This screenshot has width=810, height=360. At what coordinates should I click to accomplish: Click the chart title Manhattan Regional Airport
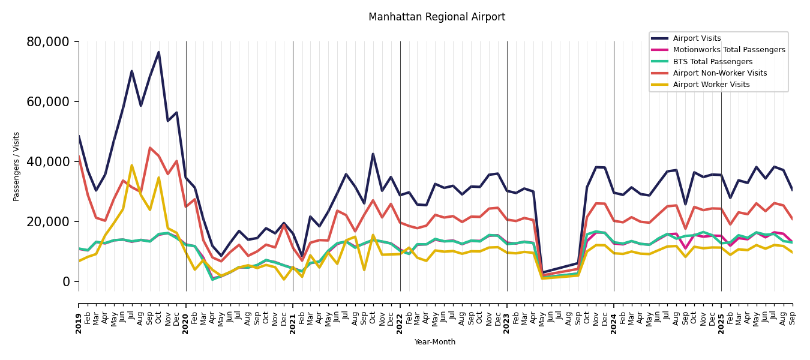437,17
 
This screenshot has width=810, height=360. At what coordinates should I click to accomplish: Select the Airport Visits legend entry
697,38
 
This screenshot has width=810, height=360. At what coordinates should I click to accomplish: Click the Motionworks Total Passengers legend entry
728,50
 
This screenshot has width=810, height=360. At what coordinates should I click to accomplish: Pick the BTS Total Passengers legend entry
712,62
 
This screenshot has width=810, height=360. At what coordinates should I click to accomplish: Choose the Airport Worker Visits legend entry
711,85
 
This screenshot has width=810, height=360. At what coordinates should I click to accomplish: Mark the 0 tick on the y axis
67,282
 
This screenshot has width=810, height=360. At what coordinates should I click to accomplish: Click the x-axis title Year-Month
435,342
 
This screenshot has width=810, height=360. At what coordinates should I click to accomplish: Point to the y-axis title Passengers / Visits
17,166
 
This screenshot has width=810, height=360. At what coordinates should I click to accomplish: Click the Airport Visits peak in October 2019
159,52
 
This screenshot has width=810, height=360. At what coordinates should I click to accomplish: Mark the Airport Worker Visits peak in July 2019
132,166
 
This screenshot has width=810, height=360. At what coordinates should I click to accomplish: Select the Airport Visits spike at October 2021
373,154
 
